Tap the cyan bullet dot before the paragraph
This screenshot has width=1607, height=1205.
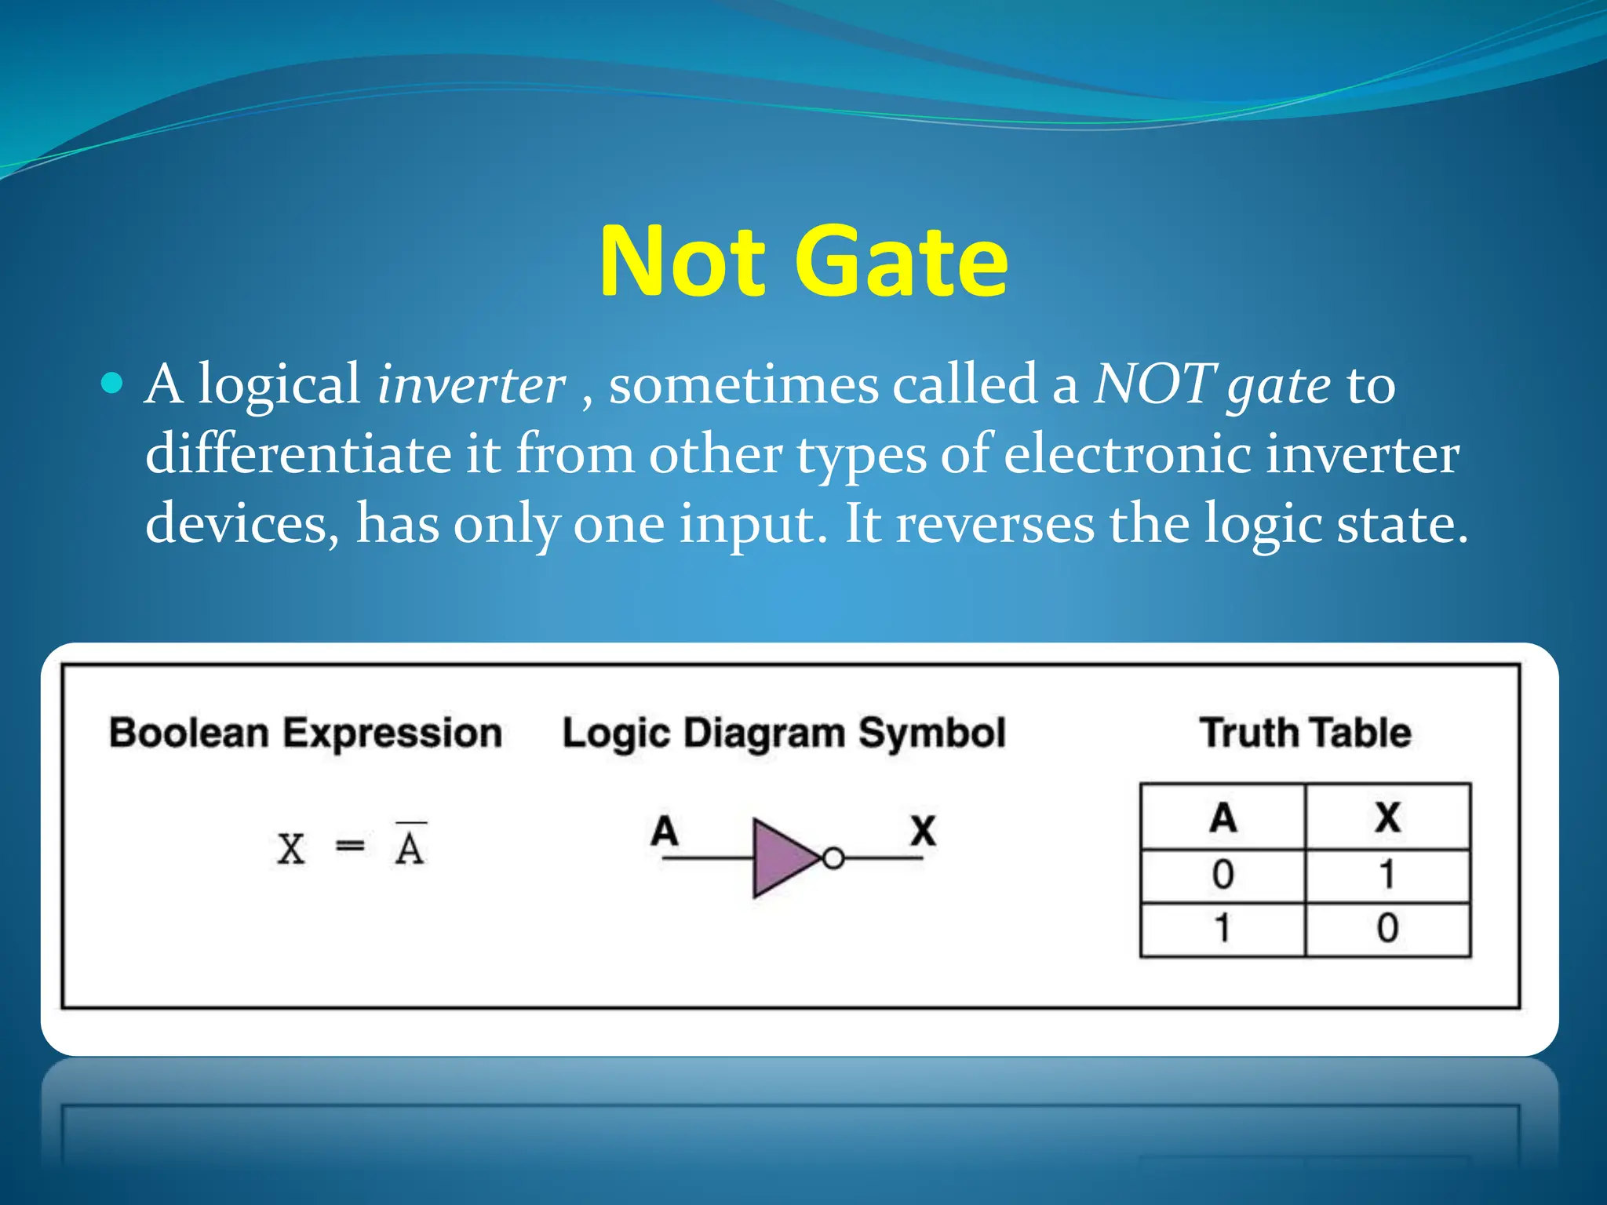click(x=113, y=384)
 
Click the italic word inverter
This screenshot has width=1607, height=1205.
click(x=471, y=385)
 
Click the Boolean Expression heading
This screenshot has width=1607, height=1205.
click(x=305, y=734)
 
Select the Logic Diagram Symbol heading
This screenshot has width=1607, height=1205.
click(x=783, y=734)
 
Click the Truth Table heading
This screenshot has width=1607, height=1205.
click(x=1305, y=733)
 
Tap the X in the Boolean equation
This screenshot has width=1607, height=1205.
click(x=291, y=849)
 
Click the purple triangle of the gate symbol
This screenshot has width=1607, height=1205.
click(x=781, y=858)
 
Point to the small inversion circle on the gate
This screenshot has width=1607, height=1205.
click(x=833, y=858)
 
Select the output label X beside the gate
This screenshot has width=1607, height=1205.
click(x=923, y=830)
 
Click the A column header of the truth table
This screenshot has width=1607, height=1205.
click(x=1223, y=817)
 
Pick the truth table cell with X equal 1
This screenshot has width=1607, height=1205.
click(x=1387, y=875)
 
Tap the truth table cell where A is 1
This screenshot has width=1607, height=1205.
click(x=1223, y=929)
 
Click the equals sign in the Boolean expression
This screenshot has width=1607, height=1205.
click(x=350, y=847)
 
